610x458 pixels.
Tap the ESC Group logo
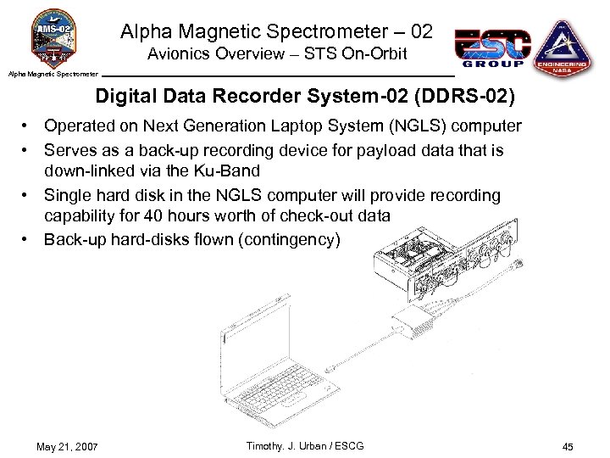[492, 48]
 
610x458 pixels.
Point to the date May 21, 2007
[67, 447]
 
